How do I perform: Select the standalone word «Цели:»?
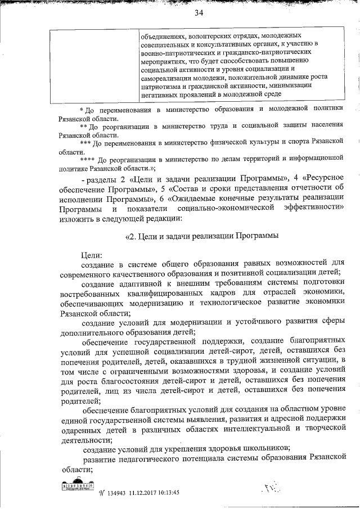tap(92, 255)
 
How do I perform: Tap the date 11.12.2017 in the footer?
tap(145, 492)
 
